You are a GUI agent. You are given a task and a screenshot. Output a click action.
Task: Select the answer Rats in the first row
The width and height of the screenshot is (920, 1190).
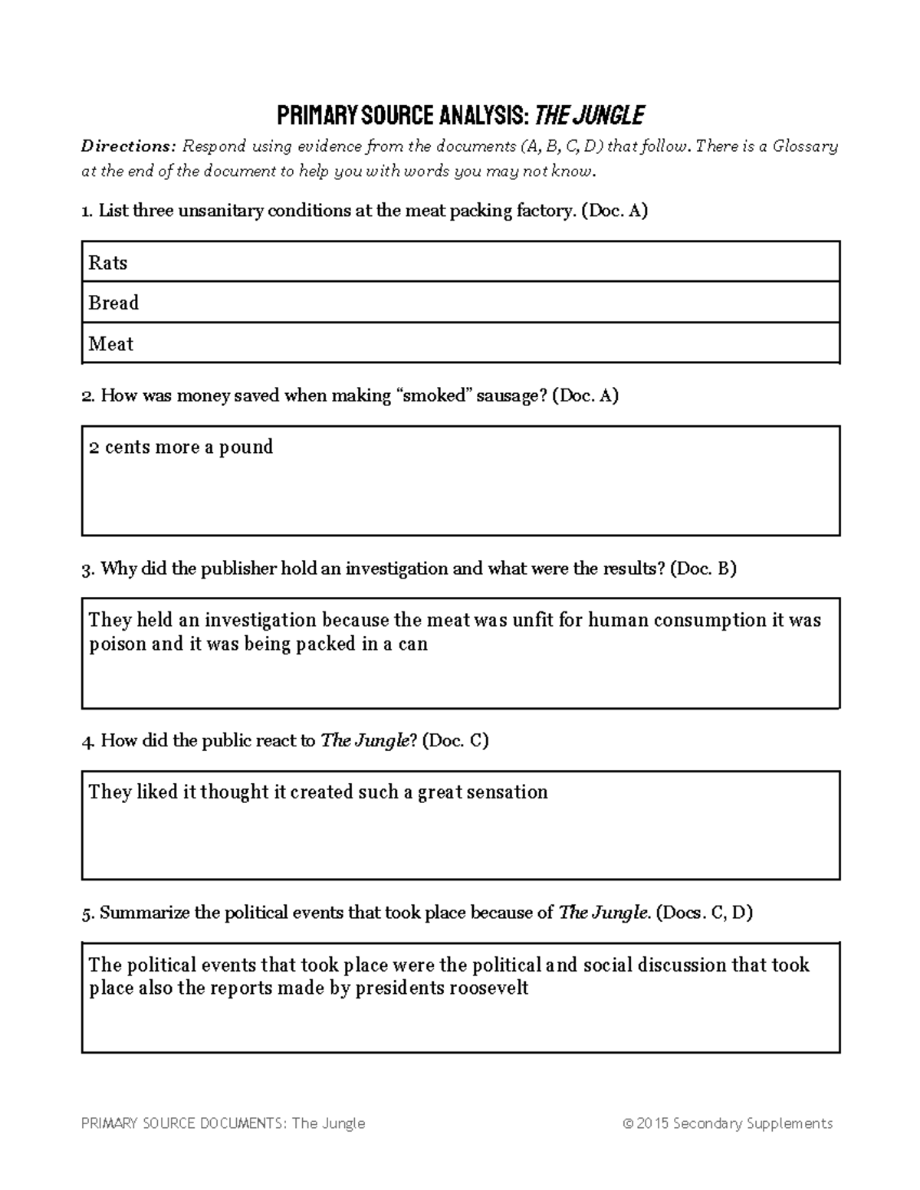coord(108,263)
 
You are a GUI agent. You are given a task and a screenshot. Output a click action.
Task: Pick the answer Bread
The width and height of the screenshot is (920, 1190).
coord(113,303)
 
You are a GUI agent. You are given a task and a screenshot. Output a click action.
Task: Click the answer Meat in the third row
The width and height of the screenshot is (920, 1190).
coord(111,344)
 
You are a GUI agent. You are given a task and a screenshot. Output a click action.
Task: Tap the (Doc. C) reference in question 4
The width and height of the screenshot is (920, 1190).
coord(455,741)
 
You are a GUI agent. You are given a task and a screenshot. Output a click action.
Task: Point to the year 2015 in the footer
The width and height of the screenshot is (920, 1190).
coord(652,1123)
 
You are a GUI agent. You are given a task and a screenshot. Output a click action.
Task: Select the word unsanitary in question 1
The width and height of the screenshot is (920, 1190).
coord(220,211)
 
